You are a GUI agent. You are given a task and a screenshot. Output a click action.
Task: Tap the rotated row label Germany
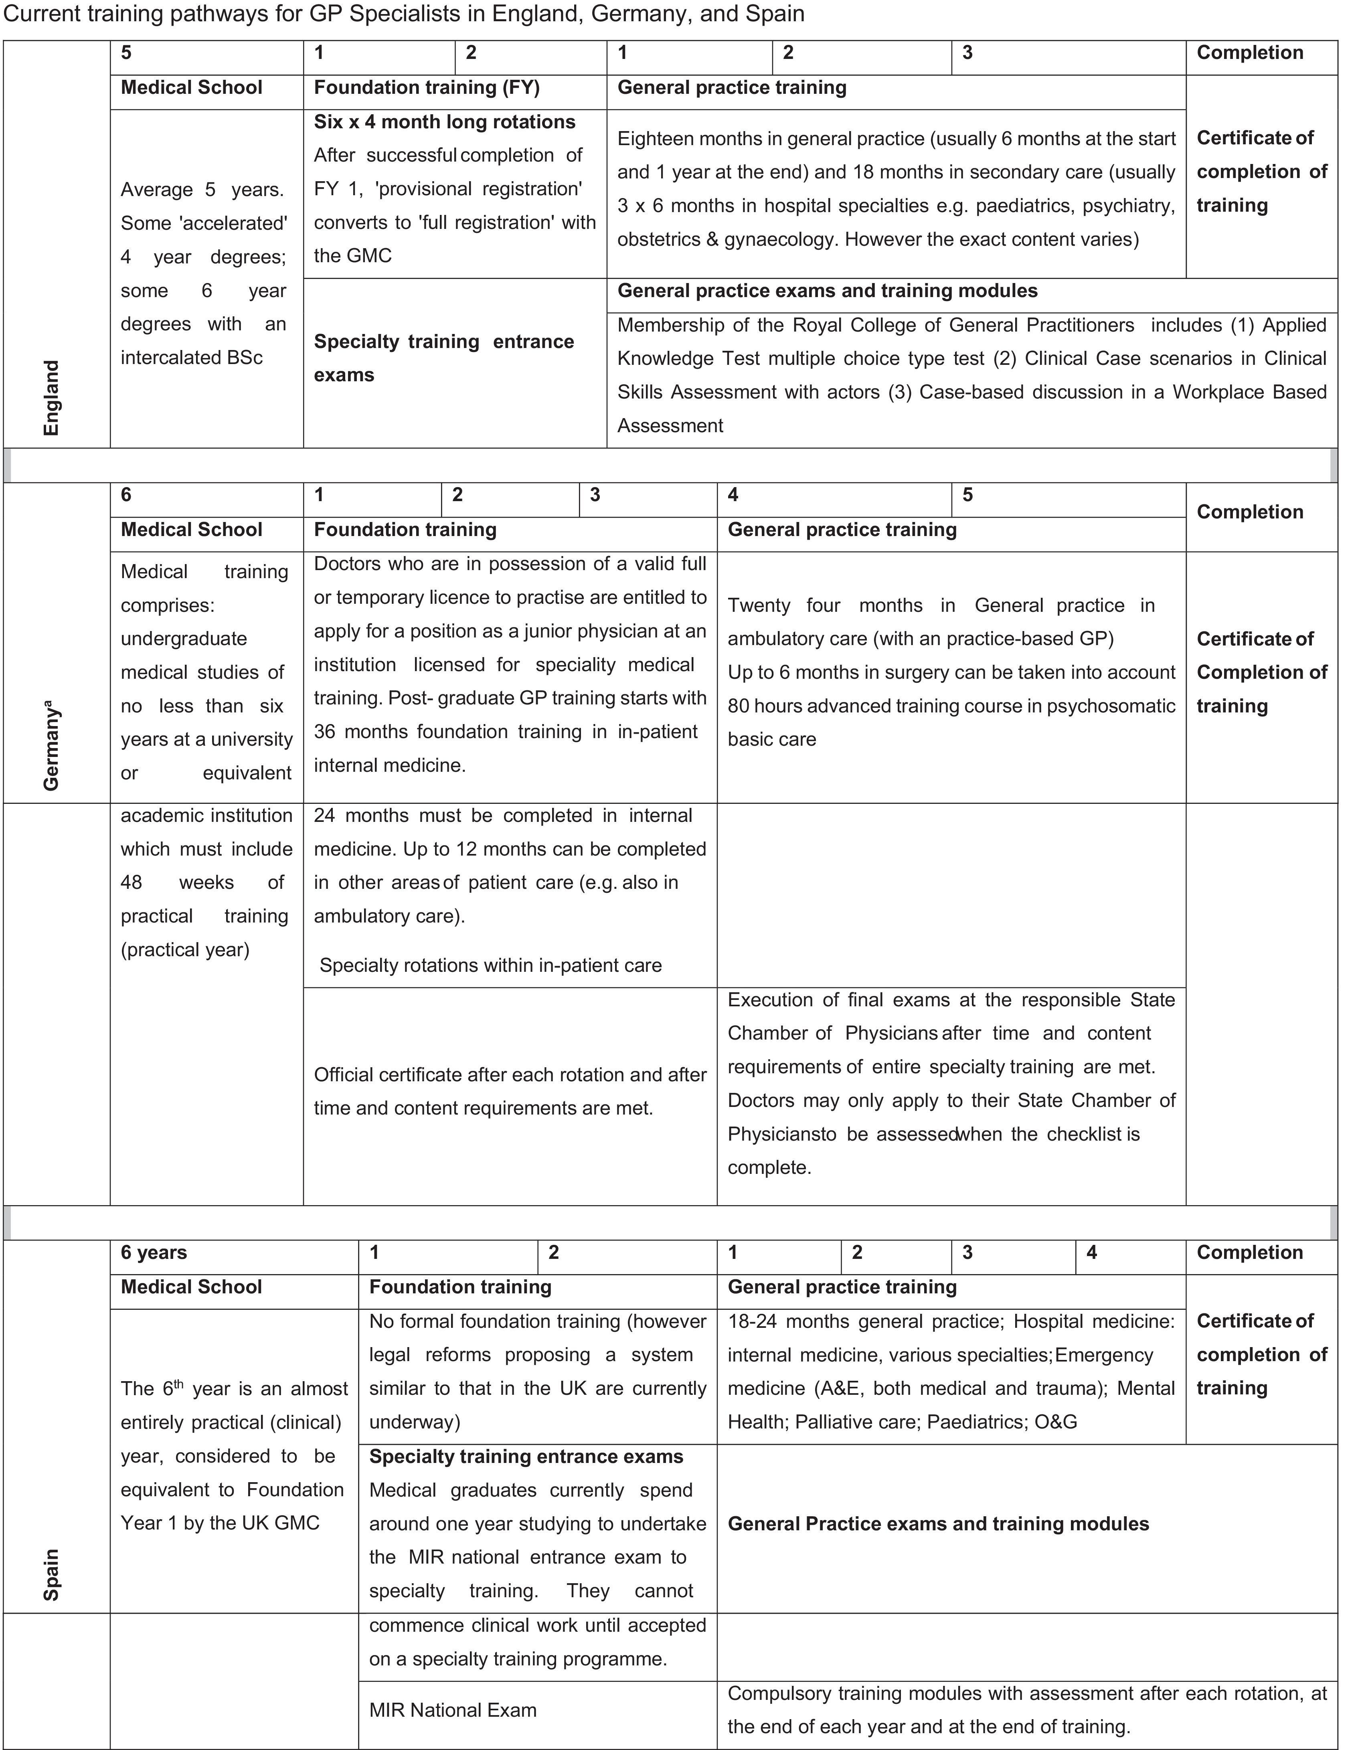pyautogui.click(x=51, y=745)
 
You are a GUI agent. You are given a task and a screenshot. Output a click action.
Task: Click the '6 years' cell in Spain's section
pyautogui.click(x=154, y=1252)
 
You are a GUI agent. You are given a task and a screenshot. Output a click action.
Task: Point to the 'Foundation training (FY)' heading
pyautogui.click(x=426, y=87)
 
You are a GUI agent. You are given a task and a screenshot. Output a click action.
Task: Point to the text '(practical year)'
pyautogui.click(x=185, y=949)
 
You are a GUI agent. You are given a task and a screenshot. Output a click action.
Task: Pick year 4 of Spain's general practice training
pyautogui.click(x=1091, y=1252)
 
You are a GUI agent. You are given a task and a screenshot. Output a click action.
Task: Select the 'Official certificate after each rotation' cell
pyautogui.click(x=510, y=1091)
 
